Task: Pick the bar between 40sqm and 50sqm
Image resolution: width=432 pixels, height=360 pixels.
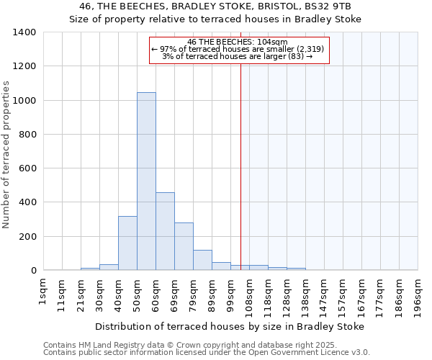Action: pyautogui.click(x=127, y=243)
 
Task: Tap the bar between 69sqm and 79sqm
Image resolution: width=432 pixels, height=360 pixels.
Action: pyautogui.click(x=184, y=246)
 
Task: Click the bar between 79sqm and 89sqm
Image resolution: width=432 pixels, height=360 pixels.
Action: pyautogui.click(x=202, y=260)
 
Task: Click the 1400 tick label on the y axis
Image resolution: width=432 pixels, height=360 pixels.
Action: pyautogui.click(x=24, y=32)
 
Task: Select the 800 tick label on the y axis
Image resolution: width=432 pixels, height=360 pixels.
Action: pyautogui.click(x=27, y=135)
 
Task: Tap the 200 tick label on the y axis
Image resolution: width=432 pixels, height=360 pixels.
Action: pyautogui.click(x=27, y=237)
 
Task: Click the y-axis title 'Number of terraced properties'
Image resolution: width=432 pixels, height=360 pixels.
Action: pyautogui.click(x=6, y=155)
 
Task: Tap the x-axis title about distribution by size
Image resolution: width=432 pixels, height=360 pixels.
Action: pyautogui.click(x=229, y=326)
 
